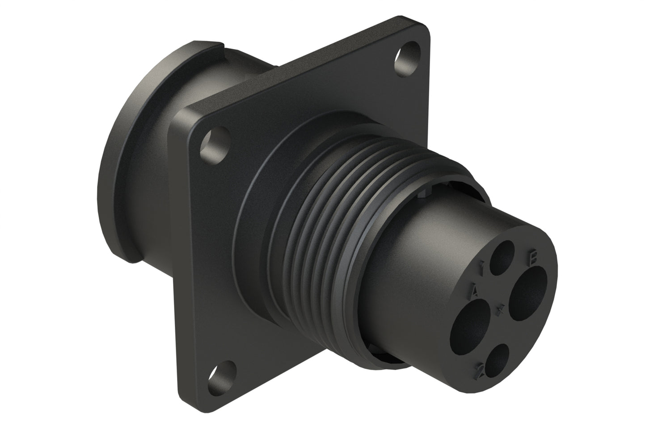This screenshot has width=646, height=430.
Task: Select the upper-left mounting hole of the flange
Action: (x=214, y=143)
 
